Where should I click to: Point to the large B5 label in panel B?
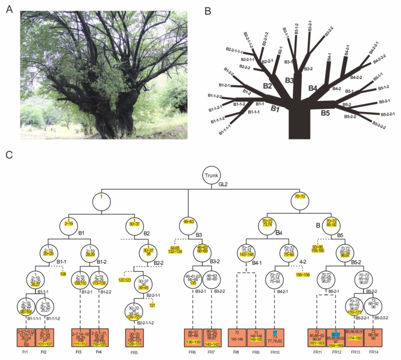[325, 113]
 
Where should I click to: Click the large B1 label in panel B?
[274, 109]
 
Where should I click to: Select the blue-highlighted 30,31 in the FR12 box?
[335, 333]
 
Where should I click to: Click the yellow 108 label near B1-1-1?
[64, 260]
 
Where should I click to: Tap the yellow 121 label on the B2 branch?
[152, 305]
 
